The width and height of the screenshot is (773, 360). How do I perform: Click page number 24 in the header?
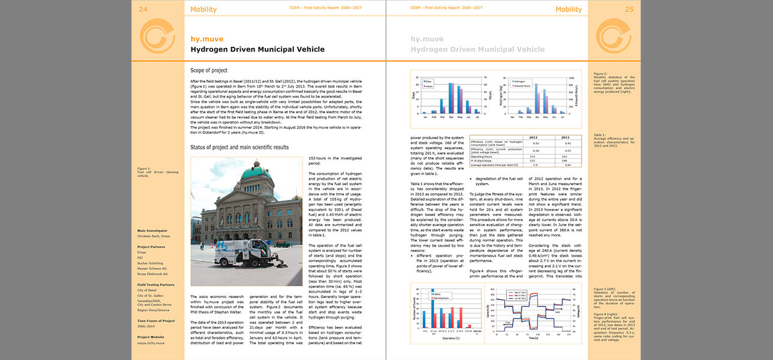(x=143, y=8)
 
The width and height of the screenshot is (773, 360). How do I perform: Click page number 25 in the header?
(x=630, y=9)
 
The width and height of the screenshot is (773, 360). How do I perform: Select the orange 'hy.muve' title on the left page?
(x=206, y=39)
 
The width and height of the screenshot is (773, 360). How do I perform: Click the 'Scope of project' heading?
(x=209, y=70)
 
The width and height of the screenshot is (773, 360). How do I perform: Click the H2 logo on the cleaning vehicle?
(x=224, y=245)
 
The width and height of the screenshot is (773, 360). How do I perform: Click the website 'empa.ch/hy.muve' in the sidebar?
(x=151, y=343)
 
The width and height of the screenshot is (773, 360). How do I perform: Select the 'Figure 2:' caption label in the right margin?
(x=601, y=74)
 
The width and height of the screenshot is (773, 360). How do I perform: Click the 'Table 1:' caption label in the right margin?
(x=600, y=135)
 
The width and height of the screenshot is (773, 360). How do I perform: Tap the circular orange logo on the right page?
(x=613, y=35)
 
